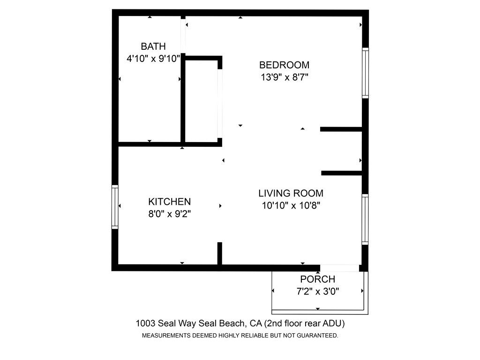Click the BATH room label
pyautogui.click(x=153, y=46)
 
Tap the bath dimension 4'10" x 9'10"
pyautogui.click(x=153, y=59)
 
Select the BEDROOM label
pyautogui.click(x=284, y=65)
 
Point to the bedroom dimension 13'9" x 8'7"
pyautogui.click(x=284, y=77)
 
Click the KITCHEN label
pyautogui.click(x=169, y=202)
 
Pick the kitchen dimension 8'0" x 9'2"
pyautogui.click(x=169, y=214)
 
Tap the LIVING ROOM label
pyautogui.click(x=291, y=193)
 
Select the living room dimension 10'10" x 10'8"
pyautogui.click(x=291, y=205)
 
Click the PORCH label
pyautogui.click(x=318, y=279)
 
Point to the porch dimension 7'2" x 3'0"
pyautogui.click(x=318, y=291)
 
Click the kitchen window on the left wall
pyautogui.click(x=115, y=207)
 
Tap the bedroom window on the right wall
pyautogui.click(x=365, y=73)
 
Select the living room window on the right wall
pyautogui.click(x=365, y=219)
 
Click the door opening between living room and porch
pyautogui.click(x=339, y=268)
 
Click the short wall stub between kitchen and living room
pyautogui.click(x=219, y=253)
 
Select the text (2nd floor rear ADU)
pyautogui.click(x=305, y=323)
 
